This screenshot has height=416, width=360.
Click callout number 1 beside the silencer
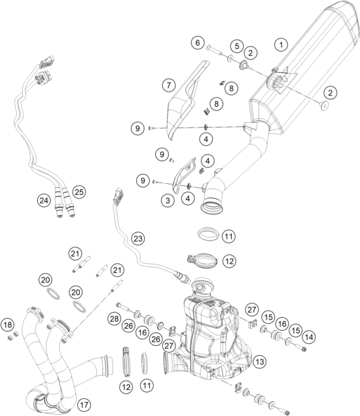[281, 44]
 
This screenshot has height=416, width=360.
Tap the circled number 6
[198, 43]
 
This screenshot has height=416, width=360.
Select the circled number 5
[236, 46]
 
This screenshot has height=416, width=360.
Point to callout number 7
[169, 85]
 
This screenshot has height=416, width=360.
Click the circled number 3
[168, 200]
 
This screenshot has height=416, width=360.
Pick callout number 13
[259, 361]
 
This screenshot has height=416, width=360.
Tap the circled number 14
[309, 338]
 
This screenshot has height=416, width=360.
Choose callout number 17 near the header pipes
[84, 405]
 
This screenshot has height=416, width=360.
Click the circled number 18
[8, 324]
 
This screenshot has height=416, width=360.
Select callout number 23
[138, 239]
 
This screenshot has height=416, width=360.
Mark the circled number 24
[44, 200]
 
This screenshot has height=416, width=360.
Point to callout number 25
[79, 192]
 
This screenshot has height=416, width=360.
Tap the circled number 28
[115, 319]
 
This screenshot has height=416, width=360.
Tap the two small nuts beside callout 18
[12, 336]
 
